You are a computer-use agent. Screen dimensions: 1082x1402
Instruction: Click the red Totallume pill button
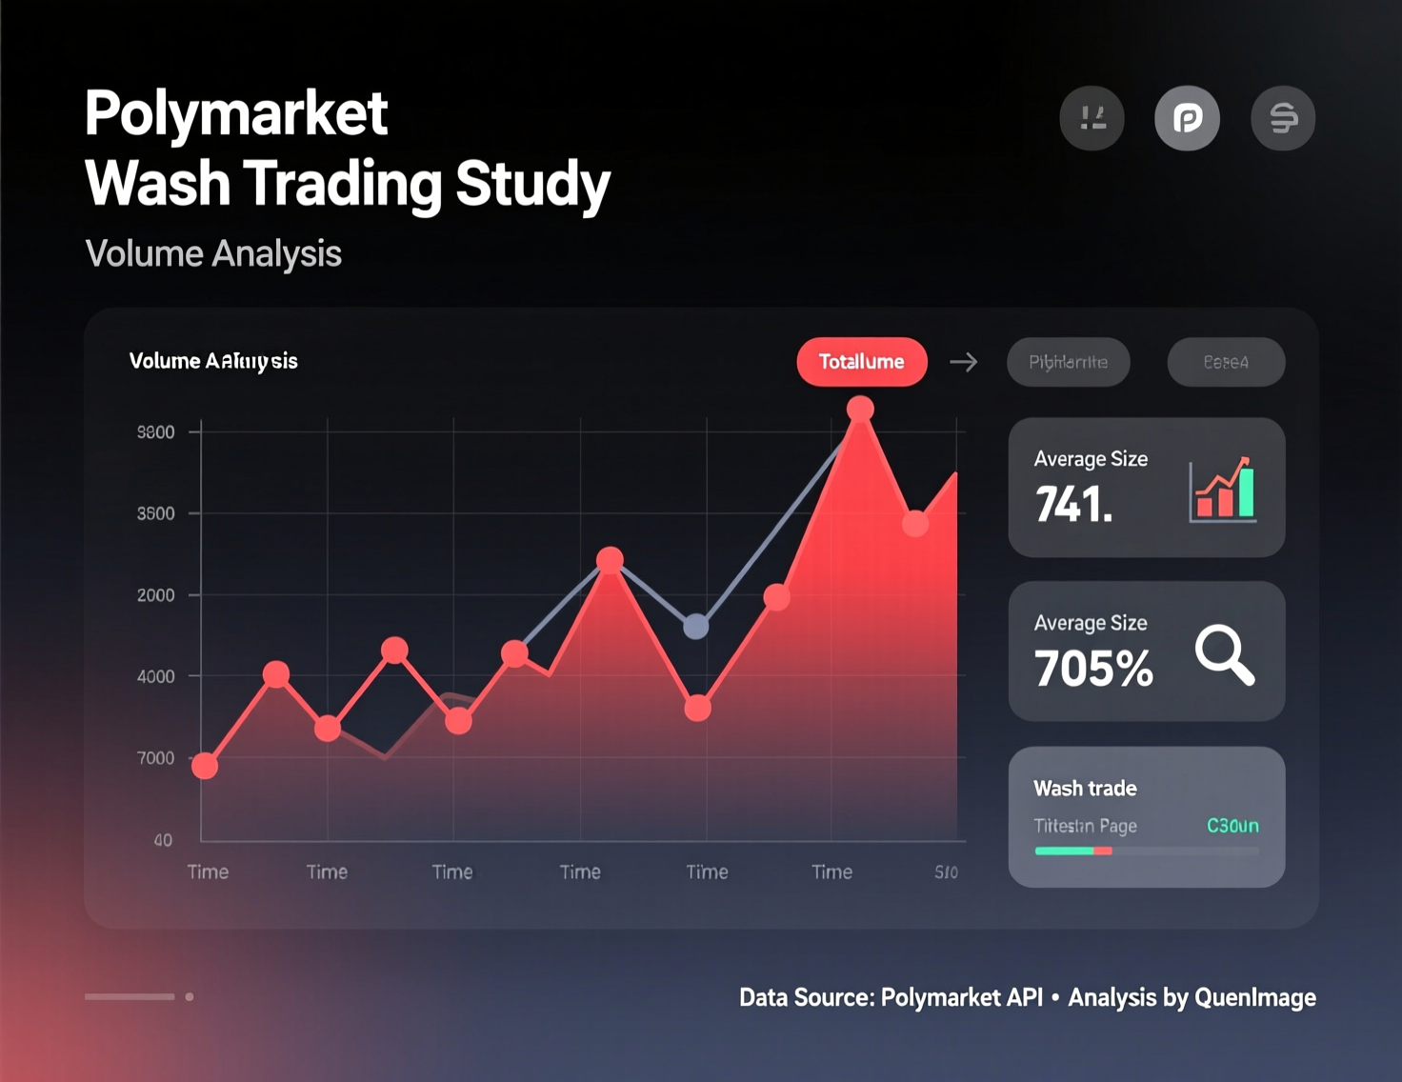(861, 362)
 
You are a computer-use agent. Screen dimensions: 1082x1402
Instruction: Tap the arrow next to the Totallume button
(964, 362)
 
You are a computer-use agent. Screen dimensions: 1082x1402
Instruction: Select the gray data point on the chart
(696, 626)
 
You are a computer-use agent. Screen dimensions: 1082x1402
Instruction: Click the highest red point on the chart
(860, 410)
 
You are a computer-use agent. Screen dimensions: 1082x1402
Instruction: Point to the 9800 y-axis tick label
(156, 432)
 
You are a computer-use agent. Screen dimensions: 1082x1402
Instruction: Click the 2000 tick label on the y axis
(156, 595)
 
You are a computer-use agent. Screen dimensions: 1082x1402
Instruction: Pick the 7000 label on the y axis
(156, 758)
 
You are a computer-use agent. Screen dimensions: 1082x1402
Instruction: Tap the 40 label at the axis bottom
(163, 840)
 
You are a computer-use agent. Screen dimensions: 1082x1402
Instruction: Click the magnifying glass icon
(1225, 654)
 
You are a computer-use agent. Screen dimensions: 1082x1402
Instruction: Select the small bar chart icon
(1223, 490)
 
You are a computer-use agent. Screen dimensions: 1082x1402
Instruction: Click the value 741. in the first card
(1073, 505)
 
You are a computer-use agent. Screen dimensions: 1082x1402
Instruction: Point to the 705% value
(1093, 669)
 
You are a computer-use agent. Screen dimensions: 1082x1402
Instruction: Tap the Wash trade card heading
(1085, 789)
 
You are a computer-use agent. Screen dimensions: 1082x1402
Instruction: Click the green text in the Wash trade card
(1232, 826)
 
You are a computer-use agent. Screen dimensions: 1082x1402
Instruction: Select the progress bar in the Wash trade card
(1147, 851)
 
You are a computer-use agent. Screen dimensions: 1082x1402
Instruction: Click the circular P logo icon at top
(1187, 118)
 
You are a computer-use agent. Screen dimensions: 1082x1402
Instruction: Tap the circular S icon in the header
(1283, 118)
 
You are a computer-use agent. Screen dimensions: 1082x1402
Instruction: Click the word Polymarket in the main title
(236, 113)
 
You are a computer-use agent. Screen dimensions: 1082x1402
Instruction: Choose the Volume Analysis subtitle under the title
(213, 254)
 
